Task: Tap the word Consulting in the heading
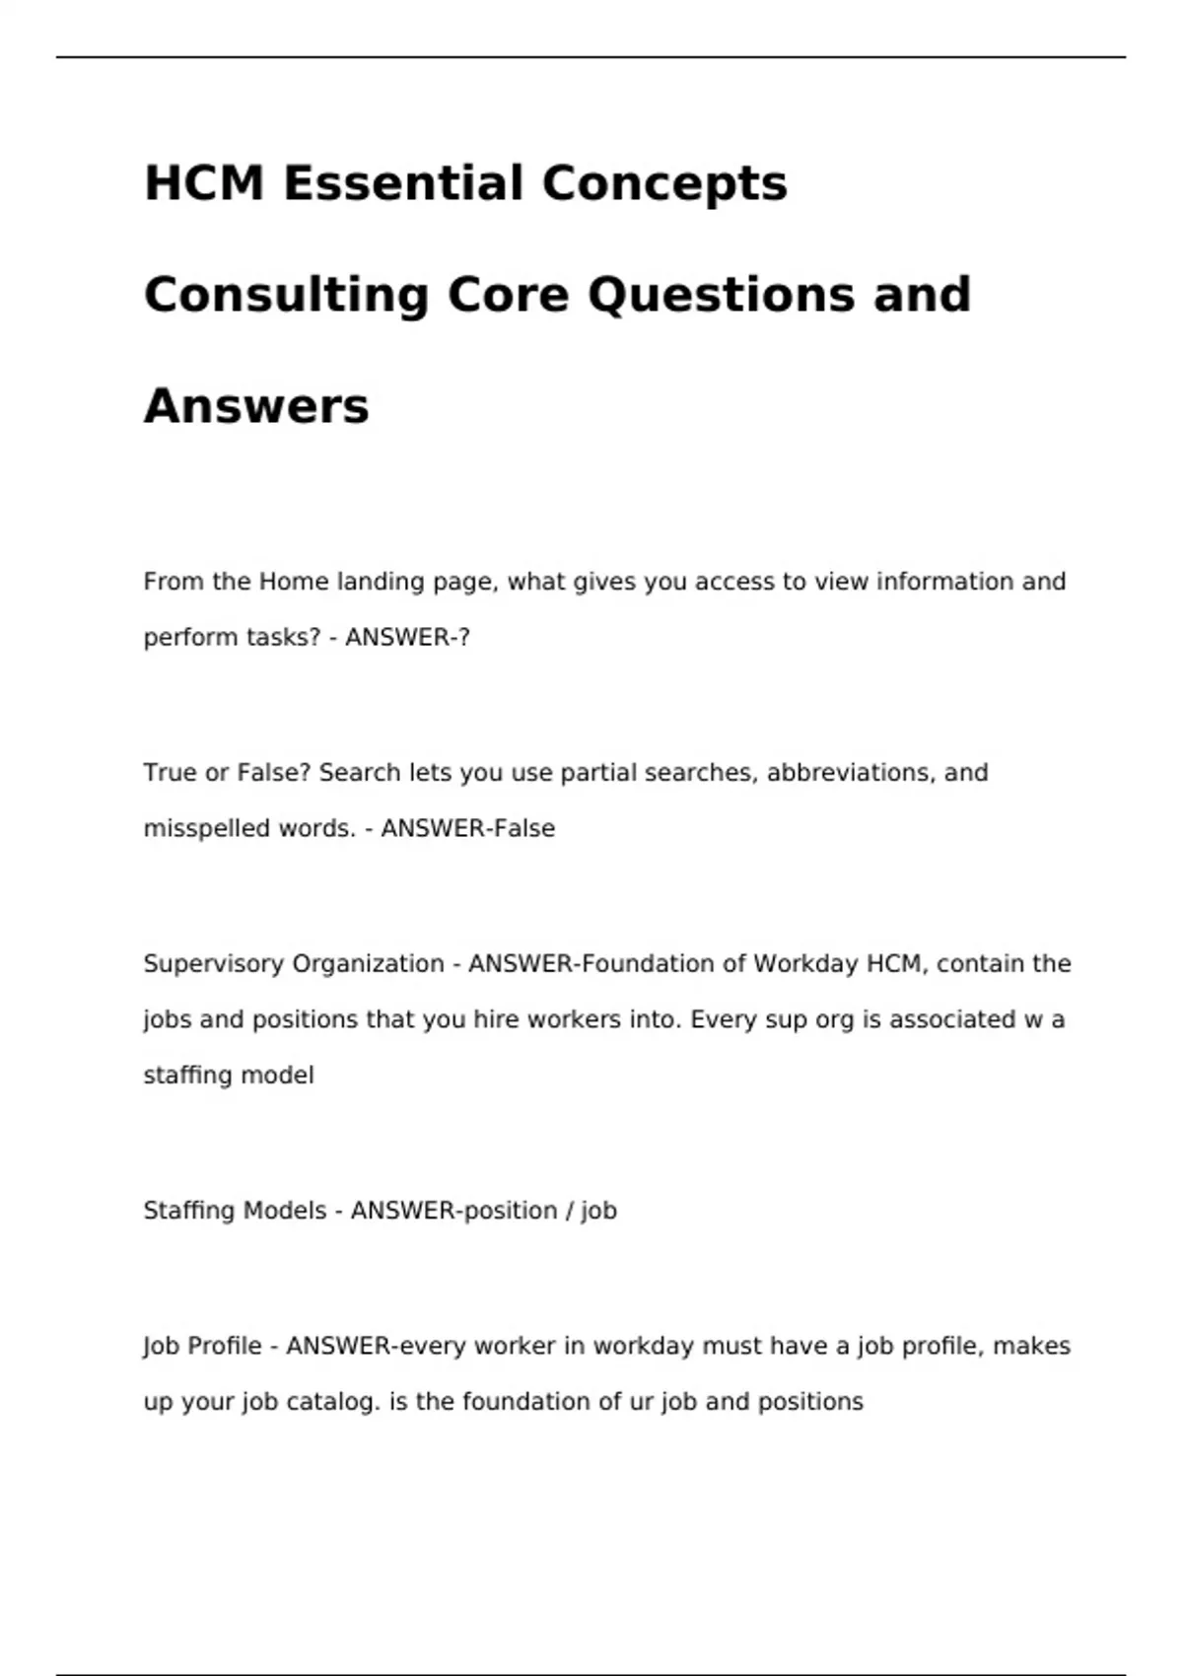(287, 295)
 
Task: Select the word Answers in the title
(256, 406)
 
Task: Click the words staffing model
(229, 1075)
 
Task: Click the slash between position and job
(570, 1210)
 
